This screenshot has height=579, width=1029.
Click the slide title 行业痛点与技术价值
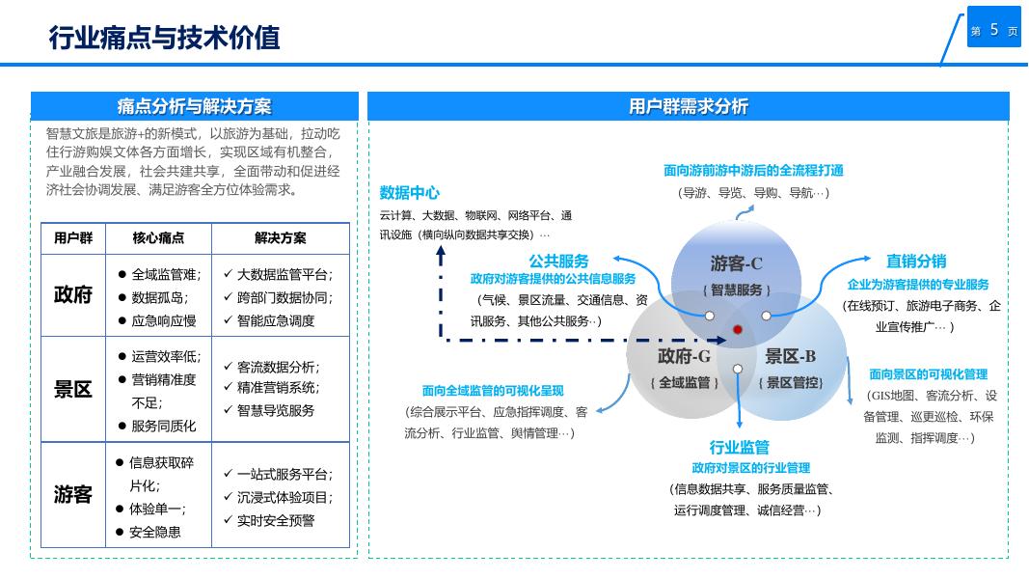(164, 38)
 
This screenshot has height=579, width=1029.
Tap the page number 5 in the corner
(993, 30)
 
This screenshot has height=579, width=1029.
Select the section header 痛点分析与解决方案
(194, 106)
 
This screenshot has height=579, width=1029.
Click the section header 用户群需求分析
(688, 106)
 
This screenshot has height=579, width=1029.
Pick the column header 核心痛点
(158, 238)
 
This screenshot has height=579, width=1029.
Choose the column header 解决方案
(280, 238)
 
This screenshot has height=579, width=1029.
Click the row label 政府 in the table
(73, 295)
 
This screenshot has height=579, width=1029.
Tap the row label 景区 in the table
(73, 390)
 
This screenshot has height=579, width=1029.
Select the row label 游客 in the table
(73, 495)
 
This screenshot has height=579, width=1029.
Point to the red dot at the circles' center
(738, 330)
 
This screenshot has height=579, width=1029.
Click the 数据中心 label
(410, 192)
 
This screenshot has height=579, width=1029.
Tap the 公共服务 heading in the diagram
(558, 261)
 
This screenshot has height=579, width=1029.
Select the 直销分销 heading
(916, 261)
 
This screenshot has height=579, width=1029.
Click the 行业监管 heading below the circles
(740, 447)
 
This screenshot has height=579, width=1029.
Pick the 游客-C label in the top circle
(737, 263)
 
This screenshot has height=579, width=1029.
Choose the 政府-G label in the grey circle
(685, 356)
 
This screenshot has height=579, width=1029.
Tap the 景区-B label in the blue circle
(791, 356)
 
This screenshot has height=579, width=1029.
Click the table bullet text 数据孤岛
(160, 297)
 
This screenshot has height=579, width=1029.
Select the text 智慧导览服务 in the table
(276, 410)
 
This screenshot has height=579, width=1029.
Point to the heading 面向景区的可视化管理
(928, 374)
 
